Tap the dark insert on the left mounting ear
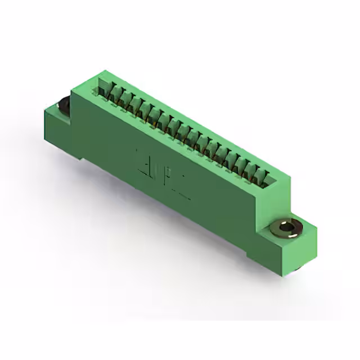(64, 105)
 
